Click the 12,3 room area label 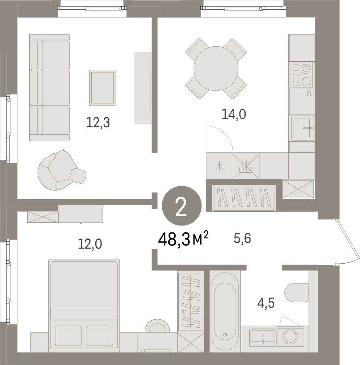click(x=98, y=122)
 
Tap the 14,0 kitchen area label click(x=234, y=114)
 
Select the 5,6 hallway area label click(x=242, y=238)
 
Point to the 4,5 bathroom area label click(x=266, y=303)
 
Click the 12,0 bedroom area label click(x=90, y=244)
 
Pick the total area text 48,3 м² click(x=183, y=239)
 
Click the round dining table click(x=216, y=69)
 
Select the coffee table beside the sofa click(x=103, y=88)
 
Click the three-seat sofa click(x=49, y=88)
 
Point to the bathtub click(x=225, y=311)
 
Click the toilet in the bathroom click(x=297, y=292)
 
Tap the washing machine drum click(x=290, y=336)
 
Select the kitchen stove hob click(x=301, y=75)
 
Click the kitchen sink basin click(x=302, y=128)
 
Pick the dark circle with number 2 click(x=182, y=206)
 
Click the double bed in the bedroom click(x=84, y=305)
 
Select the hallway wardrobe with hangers click(x=244, y=198)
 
